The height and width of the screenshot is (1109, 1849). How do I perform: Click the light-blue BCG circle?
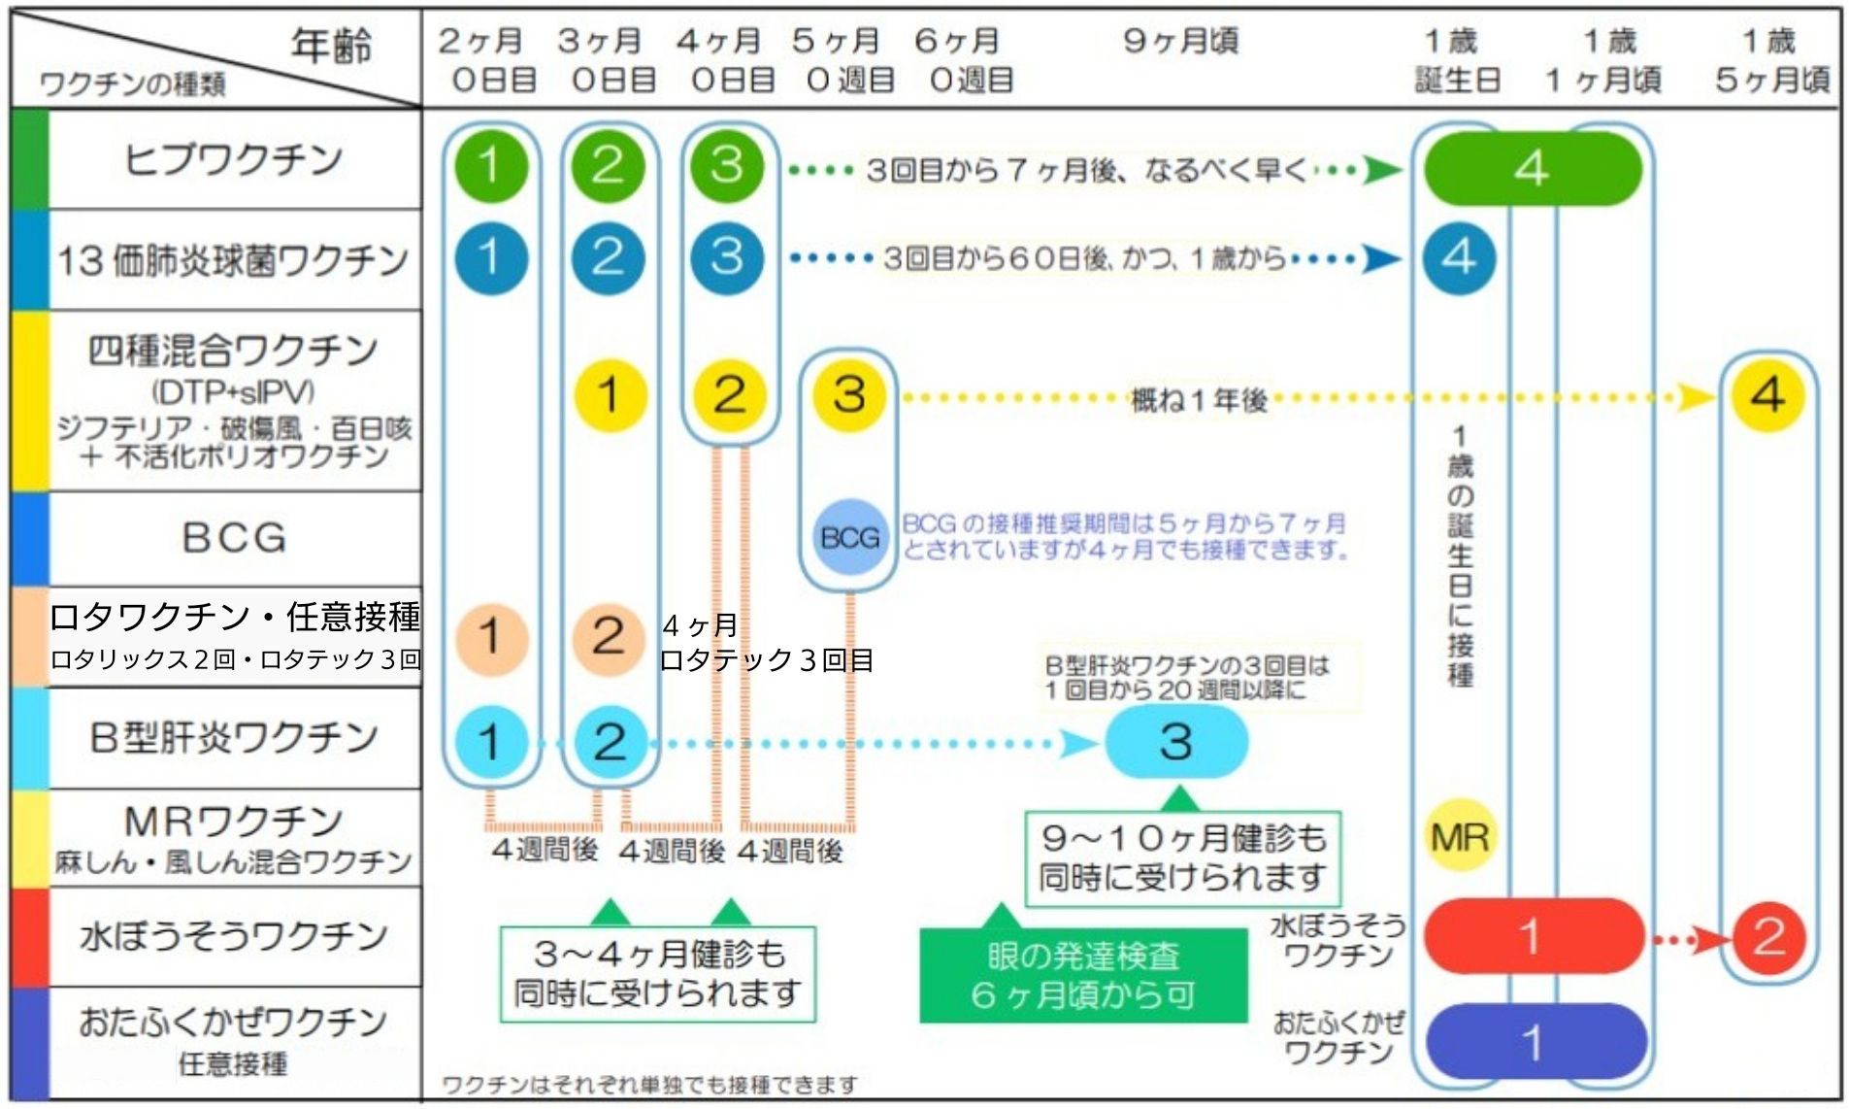pyautogui.click(x=849, y=537)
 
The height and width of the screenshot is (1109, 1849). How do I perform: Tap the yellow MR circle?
pyautogui.click(x=1459, y=836)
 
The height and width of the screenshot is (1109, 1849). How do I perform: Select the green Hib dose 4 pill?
pyautogui.click(x=1532, y=168)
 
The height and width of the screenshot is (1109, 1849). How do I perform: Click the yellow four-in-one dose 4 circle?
pyautogui.click(x=1766, y=394)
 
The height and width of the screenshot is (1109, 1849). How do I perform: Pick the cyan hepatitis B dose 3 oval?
pyautogui.click(x=1175, y=742)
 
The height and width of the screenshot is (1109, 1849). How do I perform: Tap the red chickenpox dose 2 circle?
pyautogui.click(x=1767, y=937)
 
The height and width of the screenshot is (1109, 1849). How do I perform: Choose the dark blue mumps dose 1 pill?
pyautogui.click(x=1534, y=1043)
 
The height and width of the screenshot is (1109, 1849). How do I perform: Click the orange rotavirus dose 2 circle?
pyautogui.click(x=609, y=638)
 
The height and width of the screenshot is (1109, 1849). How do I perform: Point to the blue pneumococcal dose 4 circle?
pyautogui.click(x=1459, y=257)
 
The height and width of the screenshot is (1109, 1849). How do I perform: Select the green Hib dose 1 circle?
pyautogui.click(x=490, y=165)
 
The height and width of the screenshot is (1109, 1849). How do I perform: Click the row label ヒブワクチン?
pyautogui.click(x=233, y=158)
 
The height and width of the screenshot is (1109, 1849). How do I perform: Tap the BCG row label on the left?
pyautogui.click(x=234, y=537)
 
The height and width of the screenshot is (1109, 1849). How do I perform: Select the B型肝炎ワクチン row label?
pyautogui.click(x=233, y=737)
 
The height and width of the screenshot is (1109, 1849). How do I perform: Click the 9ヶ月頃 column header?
pyautogui.click(x=1180, y=41)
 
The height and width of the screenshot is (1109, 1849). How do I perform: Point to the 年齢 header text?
pyautogui.click(x=331, y=45)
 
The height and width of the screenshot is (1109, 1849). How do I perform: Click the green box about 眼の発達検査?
pyautogui.click(x=1082, y=975)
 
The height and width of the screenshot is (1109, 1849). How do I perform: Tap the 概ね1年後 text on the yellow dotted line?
pyautogui.click(x=1199, y=399)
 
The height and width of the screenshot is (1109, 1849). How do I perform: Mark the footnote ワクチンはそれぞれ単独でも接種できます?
pyautogui.click(x=649, y=1084)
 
